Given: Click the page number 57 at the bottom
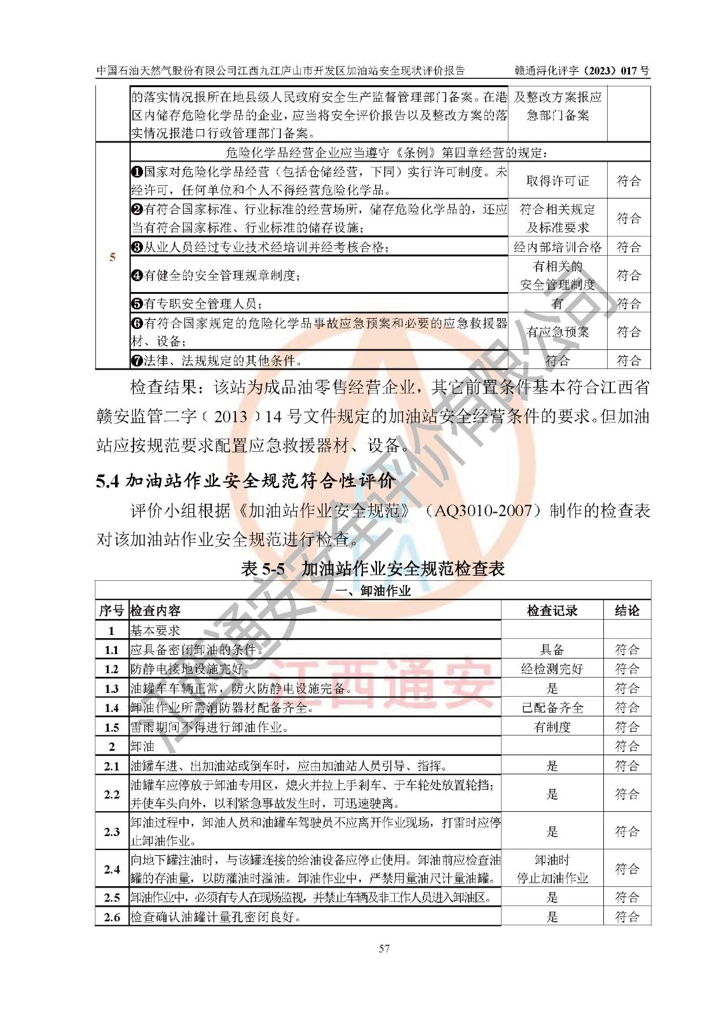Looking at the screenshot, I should click(384, 948).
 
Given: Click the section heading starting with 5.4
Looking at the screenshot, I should click(245, 481).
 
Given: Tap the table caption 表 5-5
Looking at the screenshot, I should click(373, 568).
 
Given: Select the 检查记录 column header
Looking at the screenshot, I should click(552, 611).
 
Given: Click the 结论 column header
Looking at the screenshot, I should click(627, 611).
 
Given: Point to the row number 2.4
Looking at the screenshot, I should click(112, 869).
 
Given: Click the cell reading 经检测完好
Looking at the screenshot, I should click(552, 669).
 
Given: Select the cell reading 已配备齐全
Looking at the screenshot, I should click(552, 708).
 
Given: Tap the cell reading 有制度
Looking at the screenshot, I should click(552, 727).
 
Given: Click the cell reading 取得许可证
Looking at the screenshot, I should click(558, 181).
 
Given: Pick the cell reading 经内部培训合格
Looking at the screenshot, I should click(558, 247).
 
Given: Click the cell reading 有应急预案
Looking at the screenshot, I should click(558, 332).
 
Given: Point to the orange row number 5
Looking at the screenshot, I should click(113, 257).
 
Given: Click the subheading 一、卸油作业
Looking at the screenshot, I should click(373, 591).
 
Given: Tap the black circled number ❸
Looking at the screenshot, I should click(137, 248).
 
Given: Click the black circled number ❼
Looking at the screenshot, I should click(137, 361).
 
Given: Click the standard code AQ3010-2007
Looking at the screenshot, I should click(483, 511).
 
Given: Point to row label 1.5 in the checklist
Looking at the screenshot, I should click(112, 727).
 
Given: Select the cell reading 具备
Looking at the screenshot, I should click(552, 650).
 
